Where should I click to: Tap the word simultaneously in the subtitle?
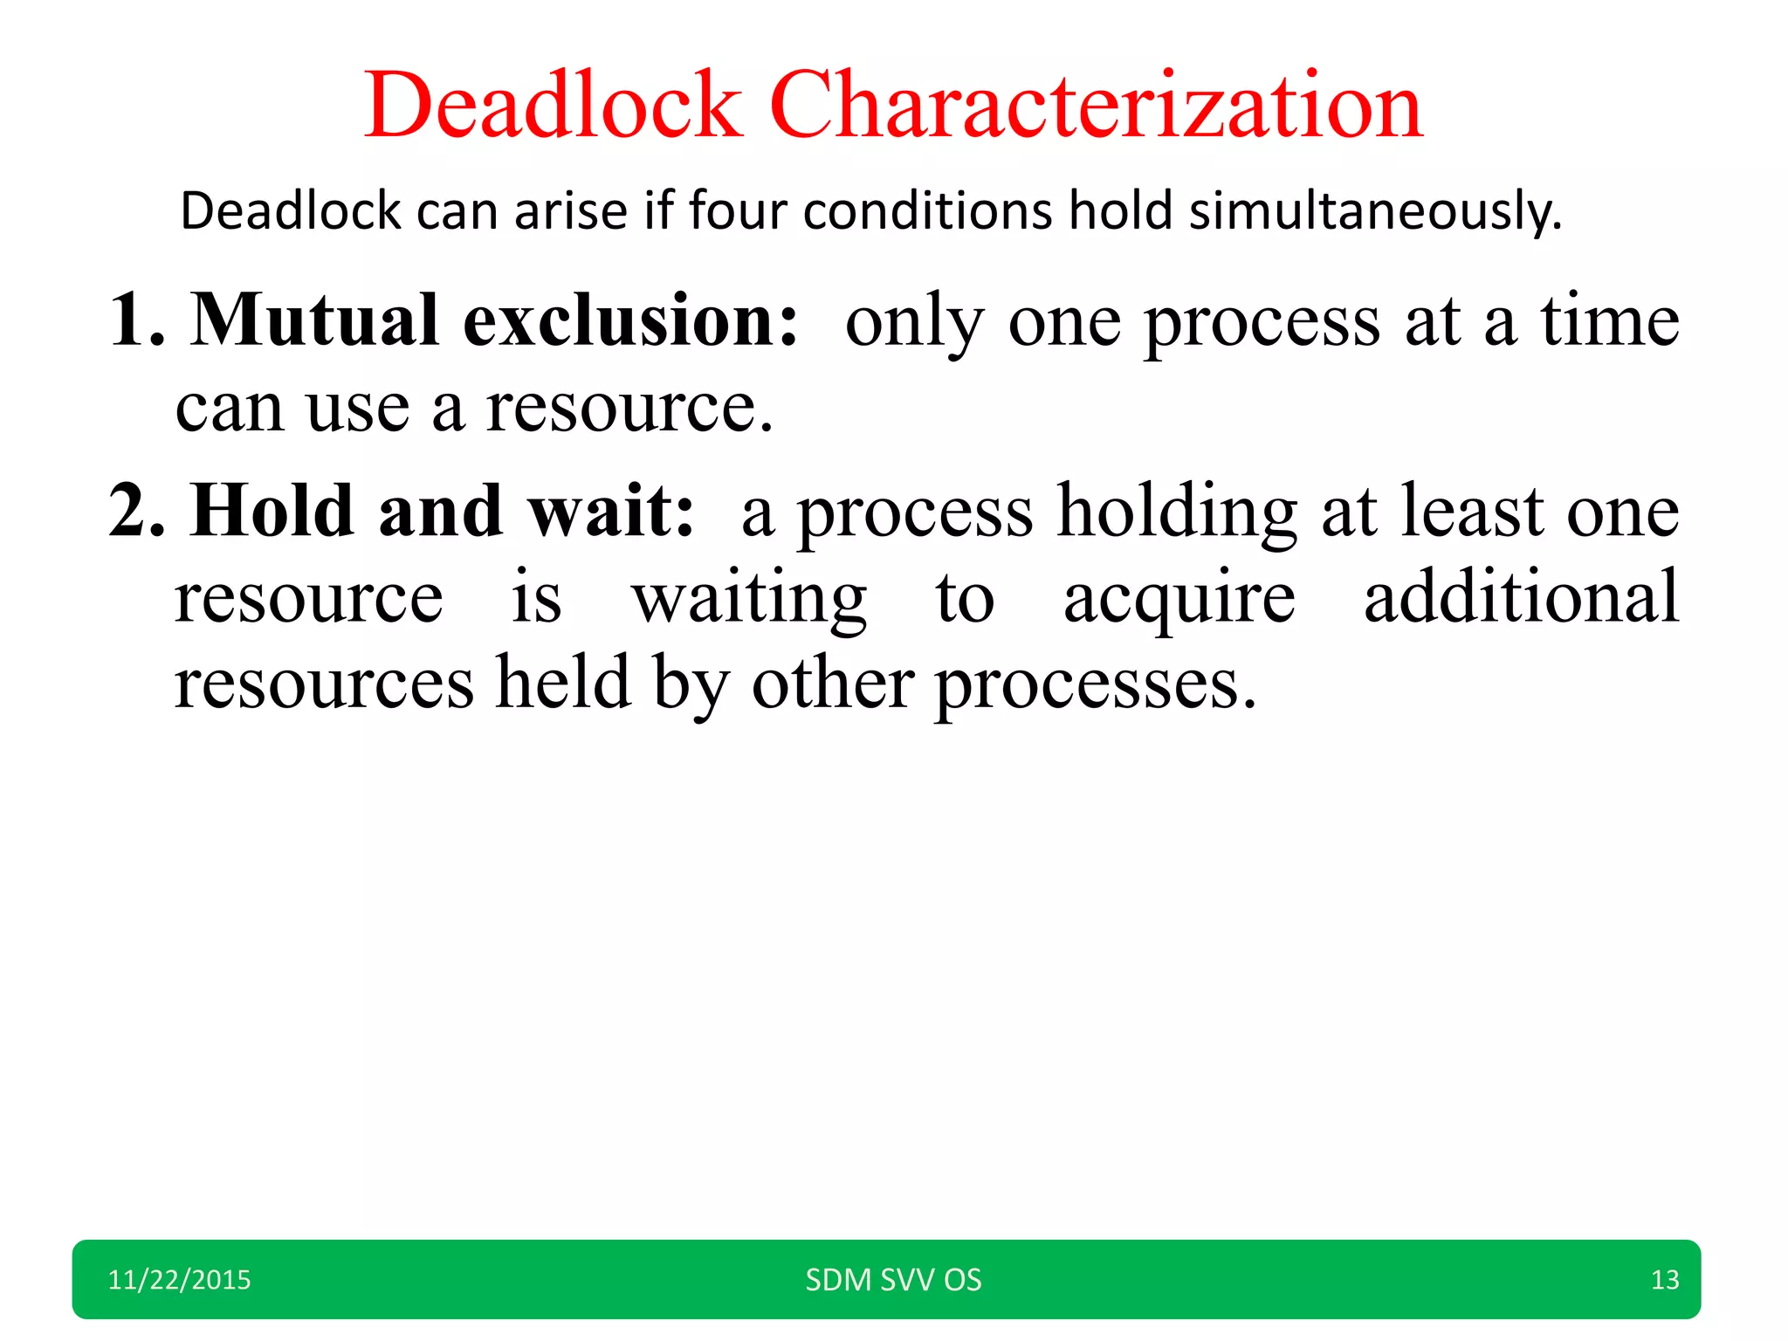pos(1375,212)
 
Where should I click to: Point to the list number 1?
pos(135,321)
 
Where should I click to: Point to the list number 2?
pos(135,511)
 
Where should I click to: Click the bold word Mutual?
pos(314,320)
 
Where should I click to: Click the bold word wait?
pos(611,511)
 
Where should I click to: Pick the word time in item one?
pos(1608,320)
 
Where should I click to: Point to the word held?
pos(563,682)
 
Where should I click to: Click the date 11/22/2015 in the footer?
pos(179,1280)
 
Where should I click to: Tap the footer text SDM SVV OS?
pos(893,1280)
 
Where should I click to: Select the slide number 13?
pos(1665,1280)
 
